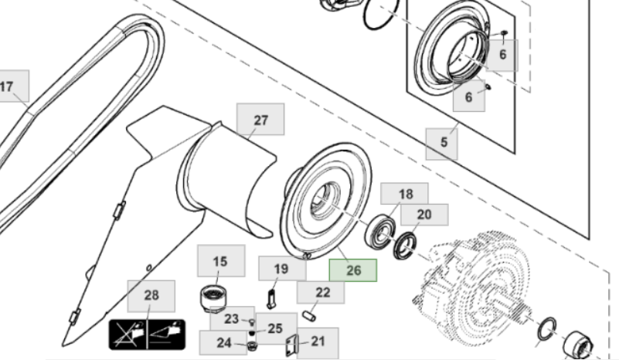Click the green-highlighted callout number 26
353,270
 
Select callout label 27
260,120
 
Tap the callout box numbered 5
444,142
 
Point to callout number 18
406,194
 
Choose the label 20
424,215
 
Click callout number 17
9,87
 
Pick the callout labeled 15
221,262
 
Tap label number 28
151,296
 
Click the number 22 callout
323,292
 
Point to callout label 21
318,341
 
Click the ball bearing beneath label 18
381,233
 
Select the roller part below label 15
214,299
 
